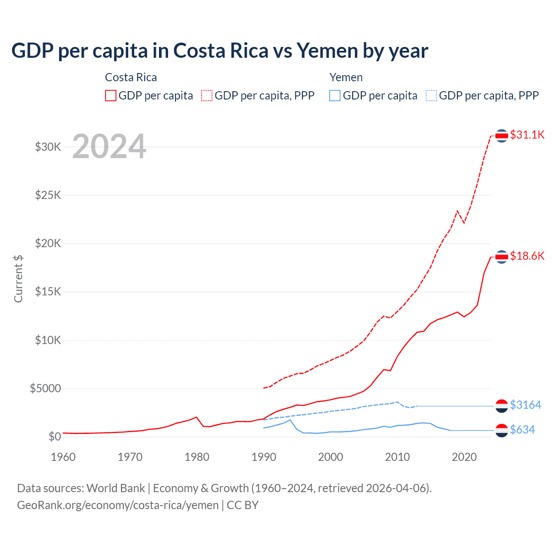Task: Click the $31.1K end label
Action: [x=527, y=135]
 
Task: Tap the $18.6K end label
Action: [x=527, y=256]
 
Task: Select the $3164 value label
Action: [x=525, y=405]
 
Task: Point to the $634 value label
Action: [x=522, y=430]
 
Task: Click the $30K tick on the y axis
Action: [x=48, y=147]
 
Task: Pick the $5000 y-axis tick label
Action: [x=46, y=388]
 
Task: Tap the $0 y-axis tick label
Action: [x=54, y=437]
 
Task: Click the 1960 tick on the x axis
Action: [x=63, y=457]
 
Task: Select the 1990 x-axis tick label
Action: [x=264, y=457]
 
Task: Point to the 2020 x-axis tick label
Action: [x=464, y=457]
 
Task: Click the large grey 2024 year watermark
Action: [x=109, y=147]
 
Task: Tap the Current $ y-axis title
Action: [x=18, y=279]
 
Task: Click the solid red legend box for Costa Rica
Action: [x=111, y=96]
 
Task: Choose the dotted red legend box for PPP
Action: [x=207, y=96]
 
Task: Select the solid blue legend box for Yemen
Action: [x=335, y=96]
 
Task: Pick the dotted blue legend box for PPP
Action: [x=431, y=96]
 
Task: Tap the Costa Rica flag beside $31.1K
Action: [x=502, y=136]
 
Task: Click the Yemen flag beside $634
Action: [x=502, y=430]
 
